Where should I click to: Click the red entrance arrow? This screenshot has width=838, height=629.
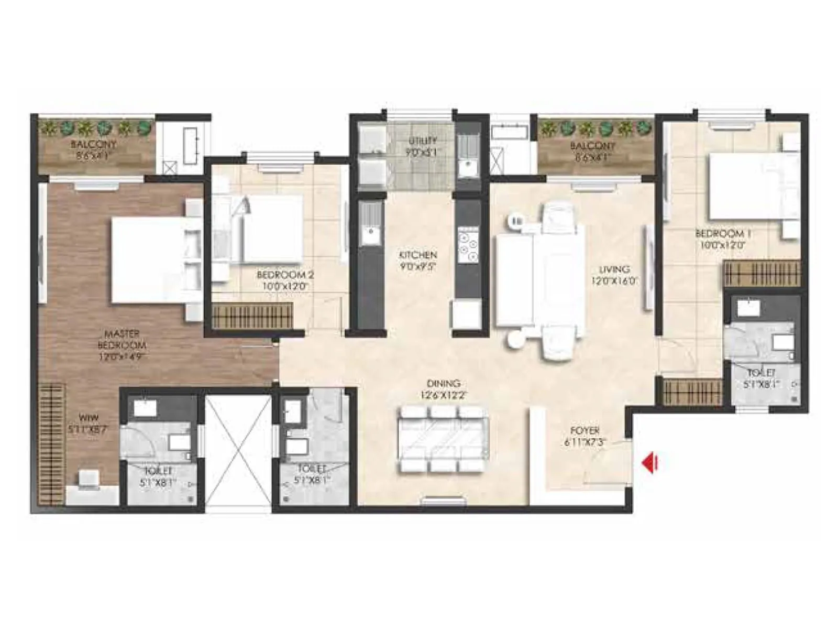(x=650, y=462)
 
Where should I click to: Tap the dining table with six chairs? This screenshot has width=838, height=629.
(x=443, y=438)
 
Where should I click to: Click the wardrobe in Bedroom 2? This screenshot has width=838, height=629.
(x=252, y=317)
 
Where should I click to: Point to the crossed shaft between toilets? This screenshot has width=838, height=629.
(x=238, y=450)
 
